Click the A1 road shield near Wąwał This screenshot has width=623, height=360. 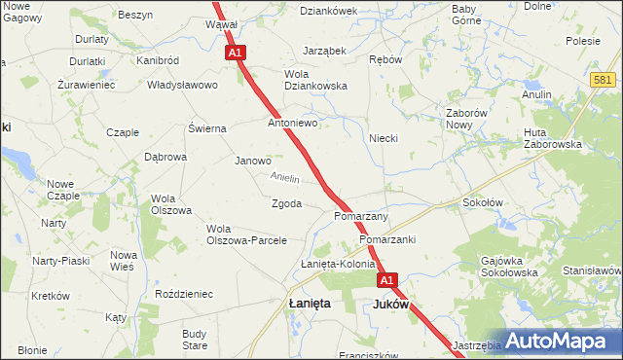click(235, 54)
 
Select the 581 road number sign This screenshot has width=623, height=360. click(603, 80)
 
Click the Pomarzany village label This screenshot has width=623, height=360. click(361, 216)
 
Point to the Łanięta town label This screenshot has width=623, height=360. click(310, 304)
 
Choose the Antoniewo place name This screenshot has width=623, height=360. click(294, 124)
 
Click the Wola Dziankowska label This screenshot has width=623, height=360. click(315, 79)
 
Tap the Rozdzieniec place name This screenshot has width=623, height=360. click(184, 294)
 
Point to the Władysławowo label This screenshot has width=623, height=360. click(182, 85)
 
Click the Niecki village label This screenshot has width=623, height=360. click(384, 138)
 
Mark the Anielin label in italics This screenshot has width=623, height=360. click(285, 178)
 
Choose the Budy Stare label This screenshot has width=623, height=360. click(195, 340)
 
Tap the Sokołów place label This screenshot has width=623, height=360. click(482, 203)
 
